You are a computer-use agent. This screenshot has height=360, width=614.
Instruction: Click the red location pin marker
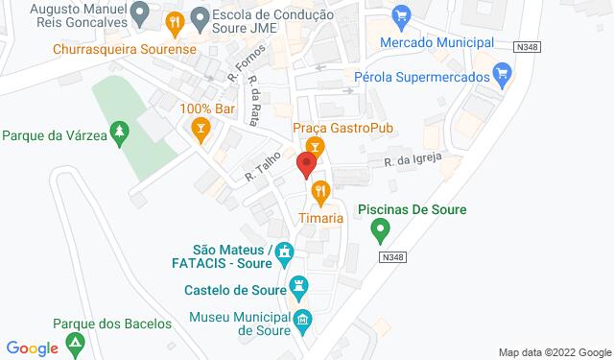point(307,165)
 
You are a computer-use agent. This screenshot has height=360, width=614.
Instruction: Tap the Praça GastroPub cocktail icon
point(318,146)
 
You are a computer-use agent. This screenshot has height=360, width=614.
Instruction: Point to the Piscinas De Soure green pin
point(380,230)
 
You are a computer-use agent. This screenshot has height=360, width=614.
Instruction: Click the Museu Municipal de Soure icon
point(303,321)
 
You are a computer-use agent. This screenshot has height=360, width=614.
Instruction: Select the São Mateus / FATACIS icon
point(283,254)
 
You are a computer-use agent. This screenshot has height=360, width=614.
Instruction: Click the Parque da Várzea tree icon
point(119,130)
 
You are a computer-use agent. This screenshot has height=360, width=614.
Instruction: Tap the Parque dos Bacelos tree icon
point(75,343)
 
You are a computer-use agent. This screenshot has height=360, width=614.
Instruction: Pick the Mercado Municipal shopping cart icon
point(402,15)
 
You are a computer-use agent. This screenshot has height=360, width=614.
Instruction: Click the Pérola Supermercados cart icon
point(501,73)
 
